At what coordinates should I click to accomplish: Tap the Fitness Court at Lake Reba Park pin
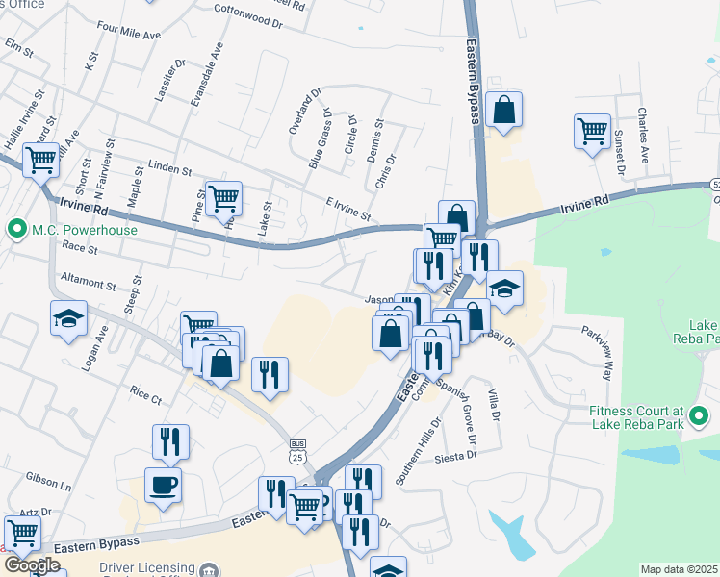pos(699,416)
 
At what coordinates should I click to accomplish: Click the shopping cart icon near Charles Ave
pos(592,131)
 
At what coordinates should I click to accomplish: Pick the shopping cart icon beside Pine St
pos(223,198)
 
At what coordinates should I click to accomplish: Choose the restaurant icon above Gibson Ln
pos(170,441)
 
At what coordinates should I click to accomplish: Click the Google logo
pos(32,565)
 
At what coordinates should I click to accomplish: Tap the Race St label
pos(74,247)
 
